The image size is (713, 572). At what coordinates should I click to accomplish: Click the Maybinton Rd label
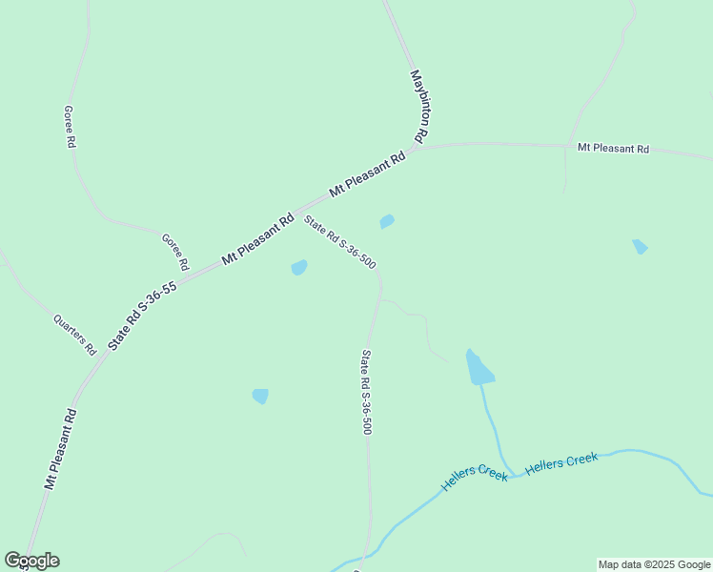point(420,106)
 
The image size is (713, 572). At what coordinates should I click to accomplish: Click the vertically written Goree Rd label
point(70,126)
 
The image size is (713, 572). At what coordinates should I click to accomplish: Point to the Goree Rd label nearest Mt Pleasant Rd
point(174,251)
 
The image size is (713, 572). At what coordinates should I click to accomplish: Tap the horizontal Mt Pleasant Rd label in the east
point(613,150)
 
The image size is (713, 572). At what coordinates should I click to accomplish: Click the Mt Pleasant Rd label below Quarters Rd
point(60,449)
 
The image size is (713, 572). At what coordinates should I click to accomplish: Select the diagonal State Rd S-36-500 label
point(338,241)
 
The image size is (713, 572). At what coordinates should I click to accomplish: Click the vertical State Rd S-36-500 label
point(366,392)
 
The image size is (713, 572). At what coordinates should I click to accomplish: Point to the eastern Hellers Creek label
point(561,462)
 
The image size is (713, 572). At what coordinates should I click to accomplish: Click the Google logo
point(31,561)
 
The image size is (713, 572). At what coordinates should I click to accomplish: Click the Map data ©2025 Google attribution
point(654,564)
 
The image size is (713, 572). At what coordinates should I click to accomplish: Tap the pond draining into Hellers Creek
point(478,368)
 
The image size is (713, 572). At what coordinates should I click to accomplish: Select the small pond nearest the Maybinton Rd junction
point(386,221)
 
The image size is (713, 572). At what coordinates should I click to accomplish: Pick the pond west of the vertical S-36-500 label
point(260,395)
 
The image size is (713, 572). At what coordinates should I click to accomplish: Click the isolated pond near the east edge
point(640,246)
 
